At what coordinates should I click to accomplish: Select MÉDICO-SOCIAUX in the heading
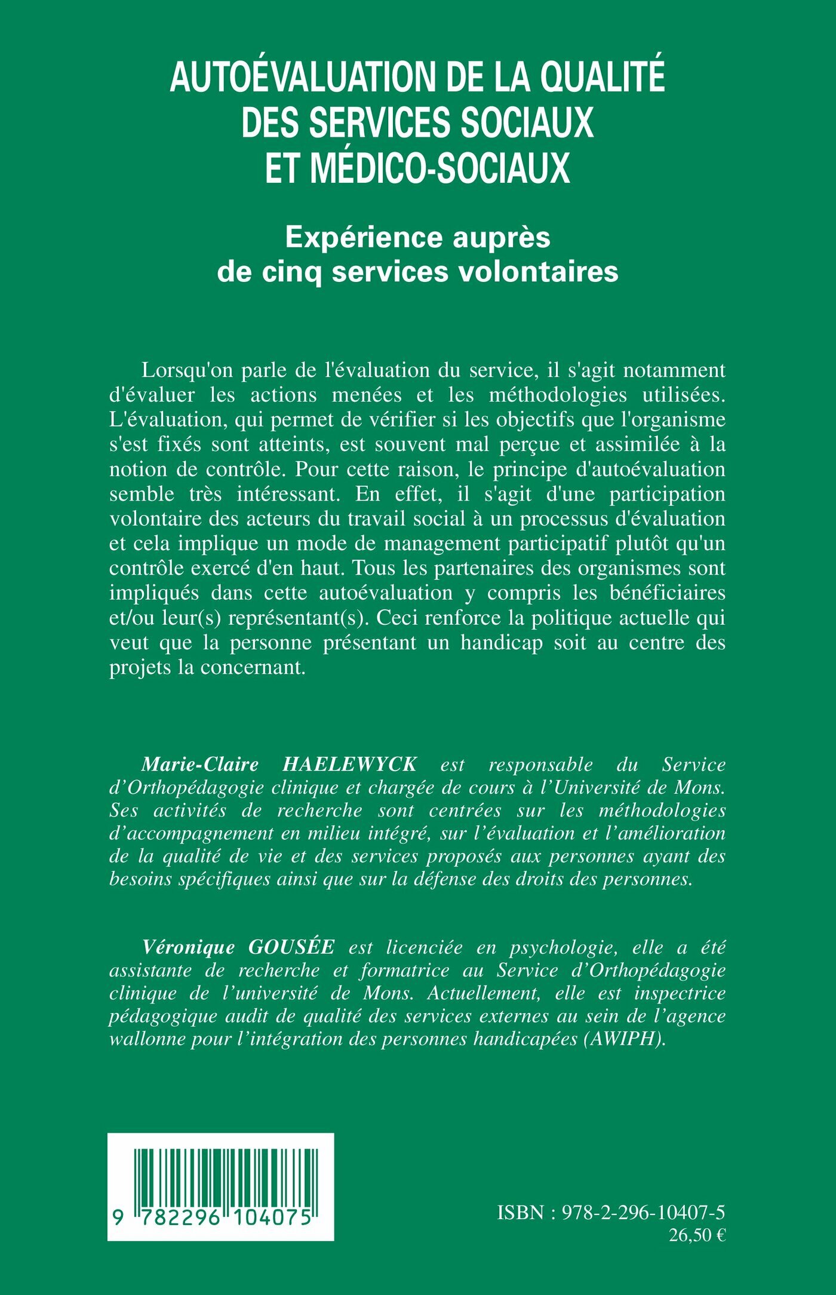tap(440, 168)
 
